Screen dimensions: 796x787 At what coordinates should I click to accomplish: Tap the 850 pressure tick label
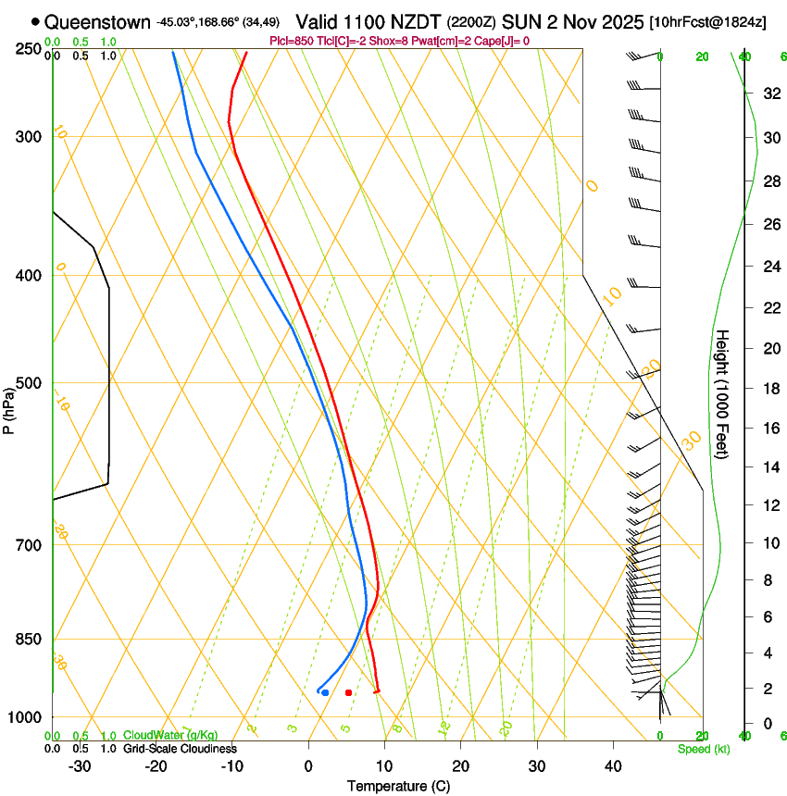[x=29, y=640]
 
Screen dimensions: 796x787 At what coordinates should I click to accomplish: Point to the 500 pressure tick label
[x=29, y=383]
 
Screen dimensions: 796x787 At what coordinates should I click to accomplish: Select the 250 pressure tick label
[x=29, y=48]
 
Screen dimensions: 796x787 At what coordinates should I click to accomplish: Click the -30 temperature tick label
[x=80, y=766]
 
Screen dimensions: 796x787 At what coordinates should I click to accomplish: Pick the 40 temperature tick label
[x=613, y=766]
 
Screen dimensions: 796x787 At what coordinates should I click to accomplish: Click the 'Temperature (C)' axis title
[x=398, y=786]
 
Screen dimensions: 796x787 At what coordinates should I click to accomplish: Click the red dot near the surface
[x=348, y=692]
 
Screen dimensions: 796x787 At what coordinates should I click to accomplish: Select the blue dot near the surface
[x=325, y=692]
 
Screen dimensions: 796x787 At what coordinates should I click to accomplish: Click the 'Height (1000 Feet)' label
[x=723, y=394]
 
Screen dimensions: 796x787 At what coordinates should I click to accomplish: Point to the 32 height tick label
[x=770, y=93]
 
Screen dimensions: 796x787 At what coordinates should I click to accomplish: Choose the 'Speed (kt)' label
[x=703, y=748]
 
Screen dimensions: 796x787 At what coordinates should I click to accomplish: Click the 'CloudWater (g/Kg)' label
[x=170, y=735]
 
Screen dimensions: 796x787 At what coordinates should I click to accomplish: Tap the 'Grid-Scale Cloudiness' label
[x=180, y=748]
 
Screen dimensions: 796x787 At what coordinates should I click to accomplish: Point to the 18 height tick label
[x=770, y=389]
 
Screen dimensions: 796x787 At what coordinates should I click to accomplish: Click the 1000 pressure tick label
[x=26, y=717]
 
